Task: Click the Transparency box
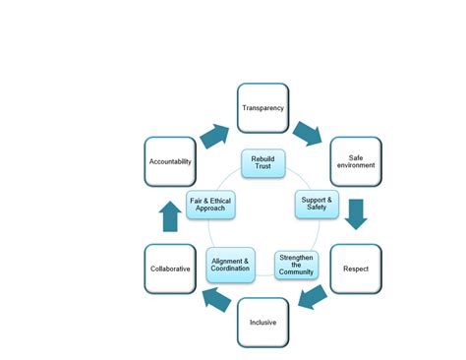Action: (x=264, y=109)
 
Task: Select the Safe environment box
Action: (x=355, y=161)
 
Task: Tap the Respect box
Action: (x=355, y=268)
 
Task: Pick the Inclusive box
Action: (x=264, y=321)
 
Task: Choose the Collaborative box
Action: (x=170, y=268)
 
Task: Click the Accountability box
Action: (x=170, y=161)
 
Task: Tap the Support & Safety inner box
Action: (x=317, y=204)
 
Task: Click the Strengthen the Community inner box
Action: (x=296, y=264)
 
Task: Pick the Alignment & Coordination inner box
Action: (x=232, y=264)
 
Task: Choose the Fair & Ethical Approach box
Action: (x=210, y=204)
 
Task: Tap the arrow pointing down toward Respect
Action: (x=356, y=213)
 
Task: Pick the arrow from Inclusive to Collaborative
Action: (x=216, y=299)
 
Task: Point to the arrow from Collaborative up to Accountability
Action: (x=170, y=215)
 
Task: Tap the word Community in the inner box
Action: (x=296, y=270)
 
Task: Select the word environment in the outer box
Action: (x=355, y=166)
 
